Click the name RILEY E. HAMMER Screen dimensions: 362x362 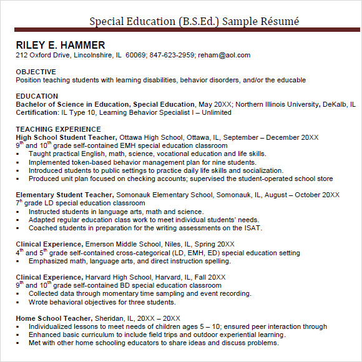(61, 45)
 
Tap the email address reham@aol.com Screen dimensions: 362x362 (224, 56)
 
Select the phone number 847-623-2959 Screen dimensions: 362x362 (172, 56)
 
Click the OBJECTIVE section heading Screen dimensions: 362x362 (36, 72)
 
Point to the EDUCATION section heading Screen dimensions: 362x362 (37, 96)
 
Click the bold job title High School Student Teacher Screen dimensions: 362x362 (66, 137)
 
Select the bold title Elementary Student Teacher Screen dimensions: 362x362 (64, 195)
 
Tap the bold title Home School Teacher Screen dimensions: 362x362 (52, 318)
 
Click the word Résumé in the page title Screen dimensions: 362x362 (281, 21)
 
